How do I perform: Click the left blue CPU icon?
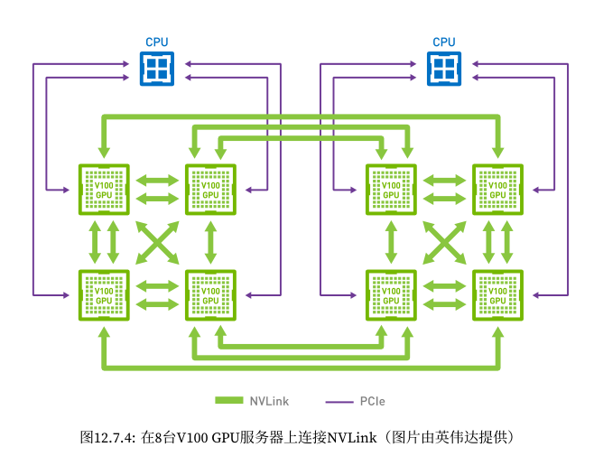pos(157,69)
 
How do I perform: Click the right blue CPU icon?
pos(443,69)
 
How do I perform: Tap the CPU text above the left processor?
pos(157,42)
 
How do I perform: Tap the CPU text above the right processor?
pos(443,42)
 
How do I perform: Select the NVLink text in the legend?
pos(270,400)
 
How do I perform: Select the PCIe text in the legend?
pos(373,400)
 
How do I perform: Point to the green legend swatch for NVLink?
pos(230,400)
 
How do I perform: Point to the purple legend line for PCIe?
pos(339,400)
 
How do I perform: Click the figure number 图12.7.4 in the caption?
pos(107,437)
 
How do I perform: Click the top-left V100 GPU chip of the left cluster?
pos(104,190)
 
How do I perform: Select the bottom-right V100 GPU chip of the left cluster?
pos(209,294)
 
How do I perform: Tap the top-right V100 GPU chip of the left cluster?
pos(209,190)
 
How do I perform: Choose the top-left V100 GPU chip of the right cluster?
pos(390,190)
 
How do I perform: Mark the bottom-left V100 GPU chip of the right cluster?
pos(390,294)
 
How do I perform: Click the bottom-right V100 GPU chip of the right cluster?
pos(497,294)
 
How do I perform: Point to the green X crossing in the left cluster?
pos(157,242)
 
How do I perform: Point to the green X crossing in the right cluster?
pos(443,242)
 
